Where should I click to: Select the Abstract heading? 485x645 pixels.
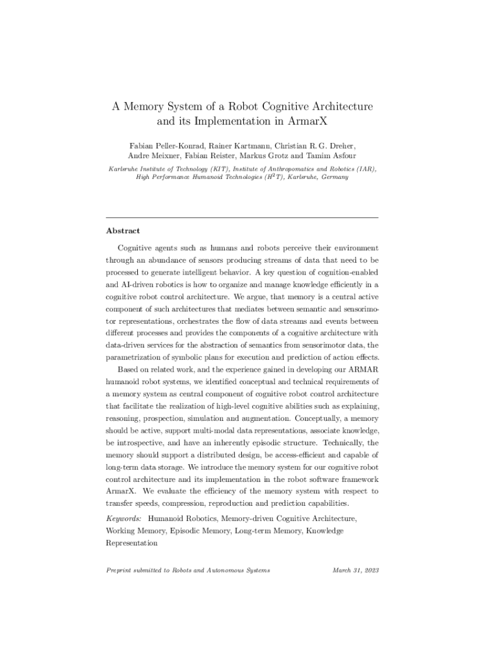click(123, 231)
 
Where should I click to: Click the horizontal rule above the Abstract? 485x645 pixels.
click(242, 217)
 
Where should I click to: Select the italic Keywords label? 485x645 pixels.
click(123, 518)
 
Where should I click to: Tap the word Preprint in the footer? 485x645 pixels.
click(120, 570)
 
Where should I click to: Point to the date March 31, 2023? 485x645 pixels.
click(355, 570)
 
